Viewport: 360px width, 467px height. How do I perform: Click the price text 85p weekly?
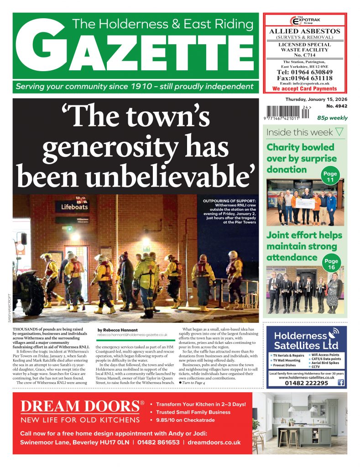(x=332, y=118)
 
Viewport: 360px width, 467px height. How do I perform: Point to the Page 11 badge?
(x=329, y=177)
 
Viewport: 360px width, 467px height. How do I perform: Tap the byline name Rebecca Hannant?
(x=118, y=329)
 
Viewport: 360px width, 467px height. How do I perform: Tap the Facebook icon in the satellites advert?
(x=340, y=383)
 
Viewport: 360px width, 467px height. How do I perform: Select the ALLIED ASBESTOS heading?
(x=304, y=31)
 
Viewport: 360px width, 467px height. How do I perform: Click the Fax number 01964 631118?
(x=304, y=78)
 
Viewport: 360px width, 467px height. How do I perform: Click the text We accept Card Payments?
(x=304, y=89)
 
